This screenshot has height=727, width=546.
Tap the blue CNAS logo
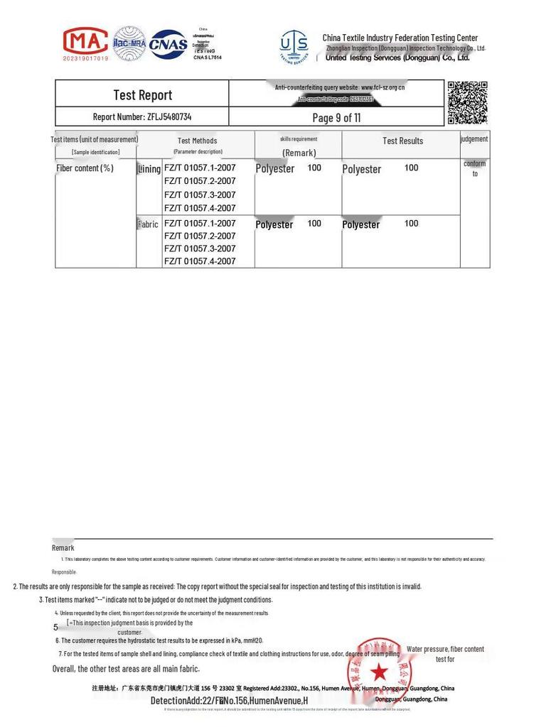(x=168, y=44)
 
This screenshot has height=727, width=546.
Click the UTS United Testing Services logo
(x=294, y=47)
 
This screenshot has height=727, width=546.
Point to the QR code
(x=467, y=102)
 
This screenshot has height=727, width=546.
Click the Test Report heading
(x=142, y=95)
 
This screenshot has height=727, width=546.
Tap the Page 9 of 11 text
(x=336, y=118)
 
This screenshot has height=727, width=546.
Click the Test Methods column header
(x=197, y=141)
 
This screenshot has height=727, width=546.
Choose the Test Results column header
(x=402, y=141)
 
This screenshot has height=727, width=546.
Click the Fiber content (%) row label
(x=85, y=168)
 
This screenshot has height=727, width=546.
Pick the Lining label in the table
(x=149, y=169)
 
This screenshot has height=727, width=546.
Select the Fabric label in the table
(x=148, y=224)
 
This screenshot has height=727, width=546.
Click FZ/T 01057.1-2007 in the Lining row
(x=200, y=168)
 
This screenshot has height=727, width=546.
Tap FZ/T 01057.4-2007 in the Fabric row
(x=200, y=261)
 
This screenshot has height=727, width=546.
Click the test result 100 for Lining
(x=411, y=168)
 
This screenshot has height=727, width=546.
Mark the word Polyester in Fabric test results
(x=361, y=224)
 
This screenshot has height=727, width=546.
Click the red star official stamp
(x=380, y=672)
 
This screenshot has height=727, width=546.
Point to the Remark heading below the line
(x=63, y=547)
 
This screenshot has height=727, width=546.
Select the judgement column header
(x=474, y=139)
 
